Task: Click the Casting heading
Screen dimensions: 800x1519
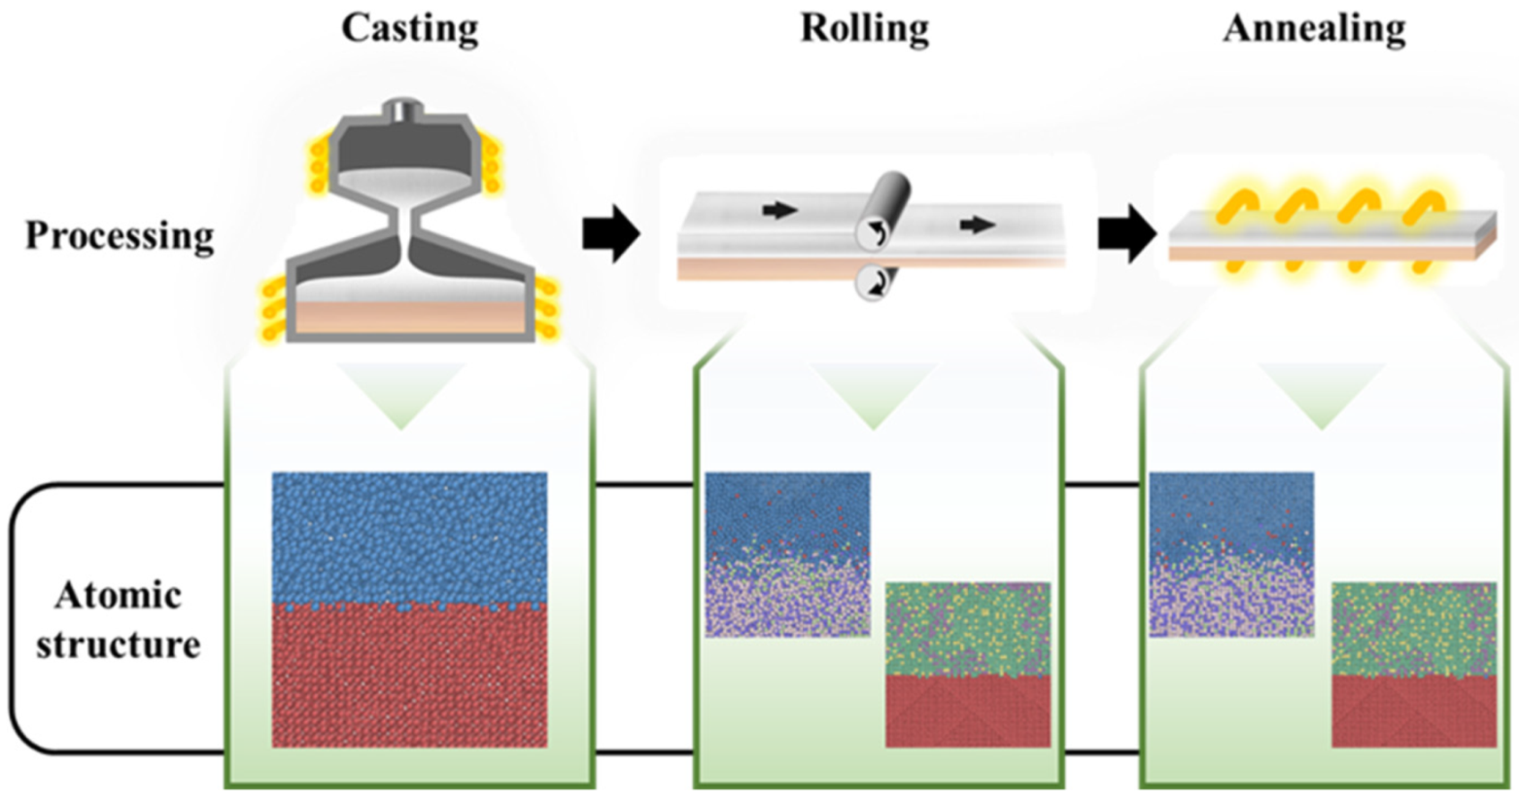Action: (x=409, y=28)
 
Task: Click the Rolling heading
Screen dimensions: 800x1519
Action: (x=864, y=28)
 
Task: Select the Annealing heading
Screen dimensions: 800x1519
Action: (x=1314, y=28)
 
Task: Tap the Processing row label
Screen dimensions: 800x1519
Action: (x=120, y=236)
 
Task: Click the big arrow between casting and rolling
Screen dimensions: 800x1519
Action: (x=610, y=234)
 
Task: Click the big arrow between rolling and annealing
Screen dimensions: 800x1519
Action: (x=1126, y=234)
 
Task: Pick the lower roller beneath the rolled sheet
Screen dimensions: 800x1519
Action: (x=874, y=284)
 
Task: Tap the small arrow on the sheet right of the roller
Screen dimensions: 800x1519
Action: (x=977, y=226)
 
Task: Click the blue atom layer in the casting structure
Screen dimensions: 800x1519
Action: (x=409, y=535)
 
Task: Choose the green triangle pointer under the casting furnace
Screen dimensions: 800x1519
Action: (x=401, y=394)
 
